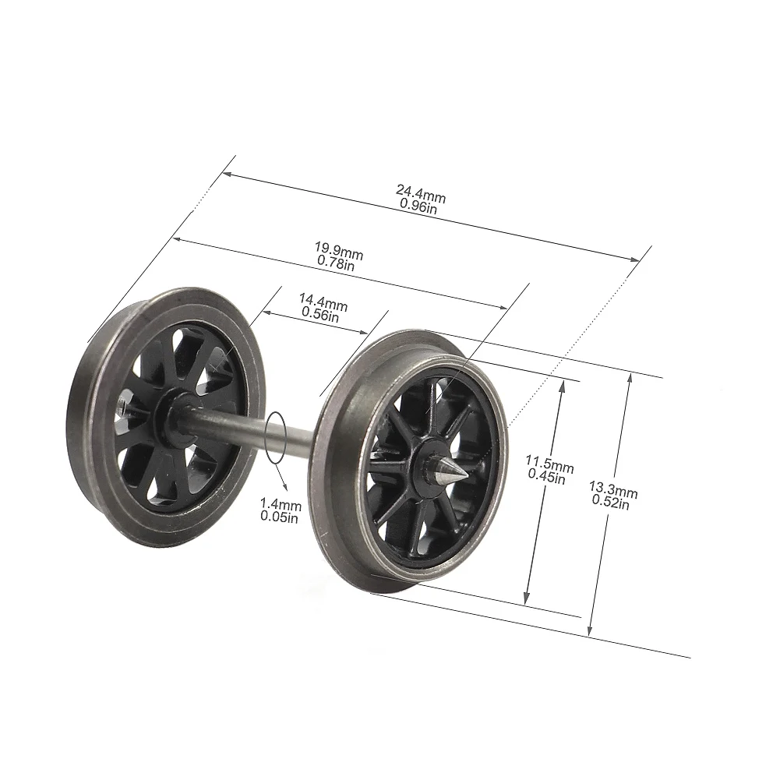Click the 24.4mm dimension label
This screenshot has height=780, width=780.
point(420,189)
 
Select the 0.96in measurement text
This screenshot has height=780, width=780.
point(420,204)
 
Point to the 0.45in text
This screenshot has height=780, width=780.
point(549,478)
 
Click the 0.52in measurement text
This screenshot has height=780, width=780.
point(612,504)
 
